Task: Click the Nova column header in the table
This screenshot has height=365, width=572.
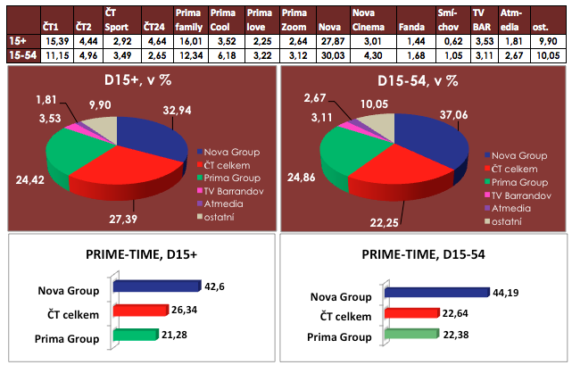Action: click(x=330, y=21)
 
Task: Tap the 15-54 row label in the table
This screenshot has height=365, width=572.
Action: click(x=19, y=55)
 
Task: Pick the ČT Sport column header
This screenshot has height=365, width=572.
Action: click(x=116, y=21)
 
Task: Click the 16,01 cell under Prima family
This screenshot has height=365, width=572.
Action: click(x=190, y=41)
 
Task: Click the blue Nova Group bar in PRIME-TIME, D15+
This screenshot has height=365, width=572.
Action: click(x=147, y=287)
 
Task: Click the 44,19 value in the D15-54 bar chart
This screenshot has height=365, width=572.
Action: click(x=506, y=291)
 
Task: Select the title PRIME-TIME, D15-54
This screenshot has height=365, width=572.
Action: click(x=424, y=254)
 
